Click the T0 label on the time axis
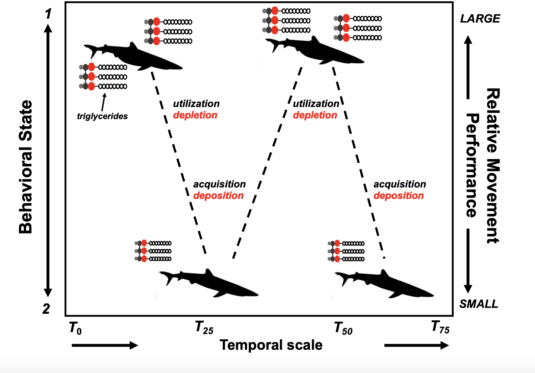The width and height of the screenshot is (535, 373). tap(75, 328)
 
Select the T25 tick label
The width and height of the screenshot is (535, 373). tap(204, 328)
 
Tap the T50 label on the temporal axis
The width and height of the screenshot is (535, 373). tap(343, 328)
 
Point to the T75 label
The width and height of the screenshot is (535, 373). tap(440, 327)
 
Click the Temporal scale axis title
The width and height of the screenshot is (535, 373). tap(271, 345)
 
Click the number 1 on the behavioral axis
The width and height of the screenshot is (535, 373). tap(48, 14)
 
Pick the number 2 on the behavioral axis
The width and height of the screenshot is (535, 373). tap(46, 309)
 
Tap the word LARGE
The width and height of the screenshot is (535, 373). tap(480, 19)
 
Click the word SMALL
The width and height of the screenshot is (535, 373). tap(478, 304)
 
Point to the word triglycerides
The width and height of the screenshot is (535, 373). tap(102, 116)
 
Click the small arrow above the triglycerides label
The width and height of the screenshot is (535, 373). tap(104, 102)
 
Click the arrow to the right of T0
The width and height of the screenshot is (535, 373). tap(105, 345)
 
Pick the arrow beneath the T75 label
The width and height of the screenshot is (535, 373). tap(416, 345)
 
